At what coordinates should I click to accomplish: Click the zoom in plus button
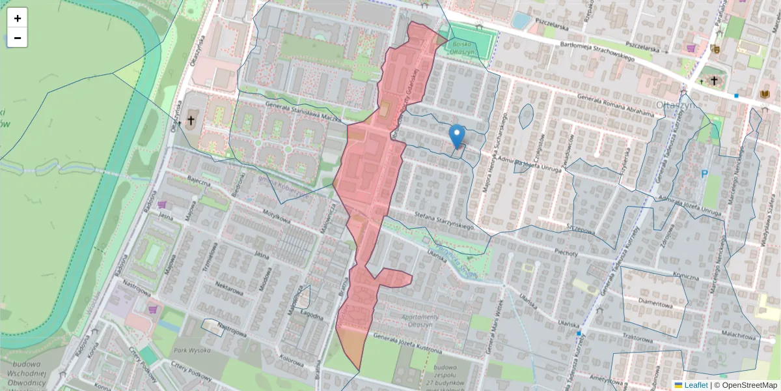(17, 18)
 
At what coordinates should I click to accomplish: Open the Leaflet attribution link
(695, 385)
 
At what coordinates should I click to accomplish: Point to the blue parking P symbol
(704, 174)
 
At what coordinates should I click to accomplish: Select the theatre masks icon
(715, 48)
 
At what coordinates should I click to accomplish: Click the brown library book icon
(764, 95)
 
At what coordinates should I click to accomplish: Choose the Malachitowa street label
(740, 338)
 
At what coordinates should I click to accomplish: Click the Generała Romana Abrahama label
(616, 104)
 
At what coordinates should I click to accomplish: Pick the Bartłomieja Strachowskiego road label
(597, 51)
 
